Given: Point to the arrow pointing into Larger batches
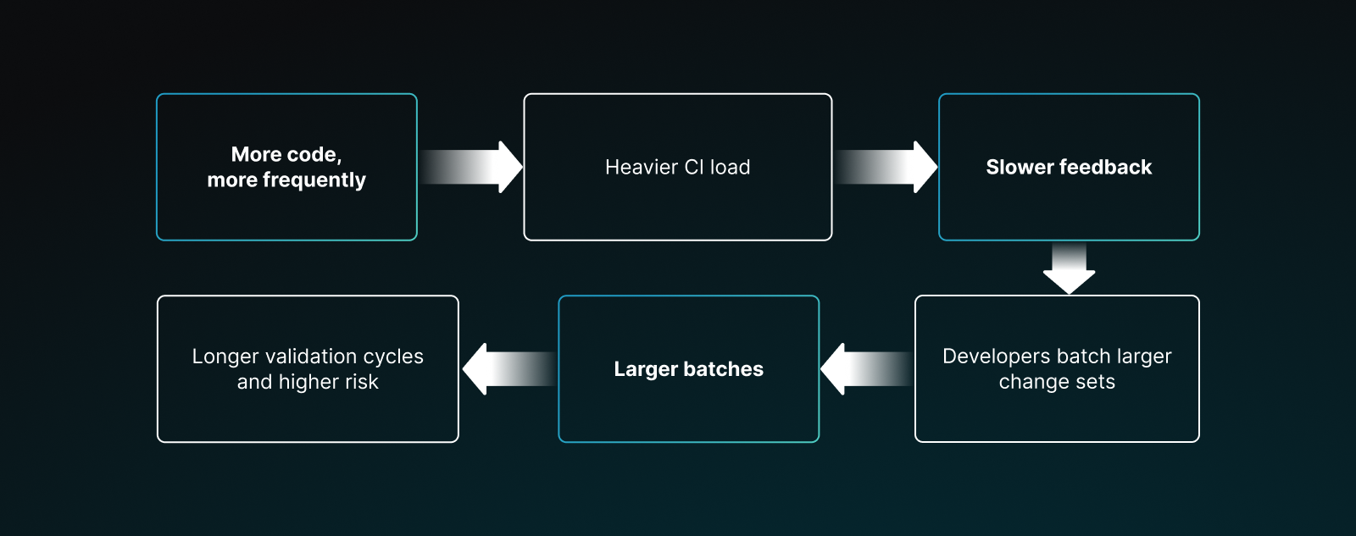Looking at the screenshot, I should click(x=866, y=368).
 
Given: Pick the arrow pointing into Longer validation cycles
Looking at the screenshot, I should click(x=508, y=368).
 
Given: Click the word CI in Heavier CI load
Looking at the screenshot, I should click(x=694, y=168).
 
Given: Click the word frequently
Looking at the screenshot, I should click(x=314, y=180).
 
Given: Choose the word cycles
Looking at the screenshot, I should click(x=393, y=356).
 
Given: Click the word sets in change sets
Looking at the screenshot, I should click(x=1095, y=383).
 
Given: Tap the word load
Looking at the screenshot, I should click(x=730, y=168).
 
